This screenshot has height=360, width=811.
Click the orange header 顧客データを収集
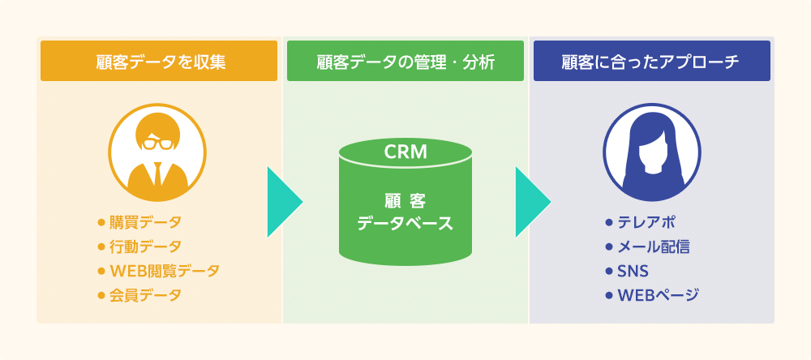(158, 61)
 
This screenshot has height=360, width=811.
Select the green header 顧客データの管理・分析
(405, 61)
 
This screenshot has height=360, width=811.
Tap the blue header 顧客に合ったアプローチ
(651, 61)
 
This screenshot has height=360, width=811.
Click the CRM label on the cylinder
(405, 152)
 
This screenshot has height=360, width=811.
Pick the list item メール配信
(654, 246)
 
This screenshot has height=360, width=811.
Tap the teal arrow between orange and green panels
(284, 202)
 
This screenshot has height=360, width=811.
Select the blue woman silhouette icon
(651, 154)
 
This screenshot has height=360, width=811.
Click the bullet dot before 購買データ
(101, 222)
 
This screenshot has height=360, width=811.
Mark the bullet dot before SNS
(609, 271)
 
